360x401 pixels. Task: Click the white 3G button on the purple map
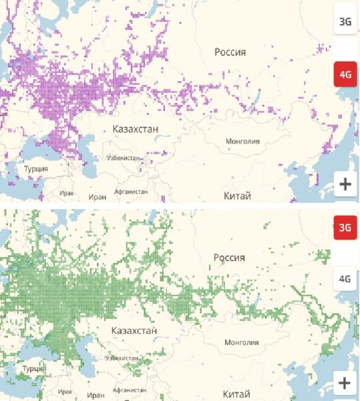[345, 22]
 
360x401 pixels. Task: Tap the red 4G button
[345, 74]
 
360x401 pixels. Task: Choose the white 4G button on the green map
[345, 278]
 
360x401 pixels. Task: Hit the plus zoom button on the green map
[345, 383]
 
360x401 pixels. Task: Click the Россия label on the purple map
[230, 52]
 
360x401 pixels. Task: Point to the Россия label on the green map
[230, 258]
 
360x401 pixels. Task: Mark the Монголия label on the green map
[242, 342]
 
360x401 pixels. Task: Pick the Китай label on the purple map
[238, 196]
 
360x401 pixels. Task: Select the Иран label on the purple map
[97, 197]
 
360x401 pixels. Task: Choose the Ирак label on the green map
[65, 392]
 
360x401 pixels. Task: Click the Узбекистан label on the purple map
[123, 158]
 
